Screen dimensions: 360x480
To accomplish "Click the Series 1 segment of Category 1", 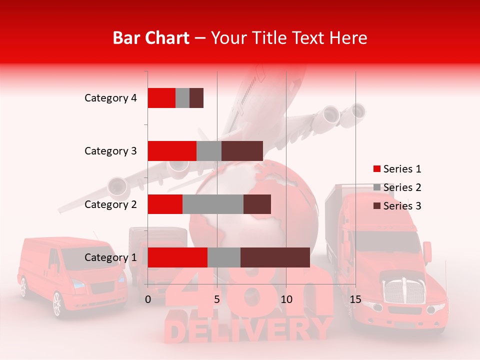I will click(x=177, y=257).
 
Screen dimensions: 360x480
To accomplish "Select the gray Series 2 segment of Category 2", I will click(x=212, y=204).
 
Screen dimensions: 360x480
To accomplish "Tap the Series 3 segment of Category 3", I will click(x=242, y=151).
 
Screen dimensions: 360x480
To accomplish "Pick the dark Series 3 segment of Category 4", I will click(x=196, y=98).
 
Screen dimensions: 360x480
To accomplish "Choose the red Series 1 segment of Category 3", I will click(x=171, y=151).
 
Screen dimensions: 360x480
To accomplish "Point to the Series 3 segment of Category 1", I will click(x=275, y=257).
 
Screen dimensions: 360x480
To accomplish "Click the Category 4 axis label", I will click(x=110, y=98).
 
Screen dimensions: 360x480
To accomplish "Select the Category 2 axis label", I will click(x=110, y=204).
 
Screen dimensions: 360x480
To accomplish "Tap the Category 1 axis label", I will click(x=110, y=257).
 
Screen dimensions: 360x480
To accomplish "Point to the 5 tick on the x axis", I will click(x=217, y=299).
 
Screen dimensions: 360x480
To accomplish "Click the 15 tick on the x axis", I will click(x=355, y=299).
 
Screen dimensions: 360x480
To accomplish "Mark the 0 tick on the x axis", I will click(x=148, y=299).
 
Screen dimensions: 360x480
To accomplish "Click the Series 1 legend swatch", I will click(x=376, y=169).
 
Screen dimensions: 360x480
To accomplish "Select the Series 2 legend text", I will click(x=402, y=187).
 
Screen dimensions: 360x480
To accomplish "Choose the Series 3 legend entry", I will click(x=397, y=206).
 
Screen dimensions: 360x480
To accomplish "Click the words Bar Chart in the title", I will click(x=150, y=38).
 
